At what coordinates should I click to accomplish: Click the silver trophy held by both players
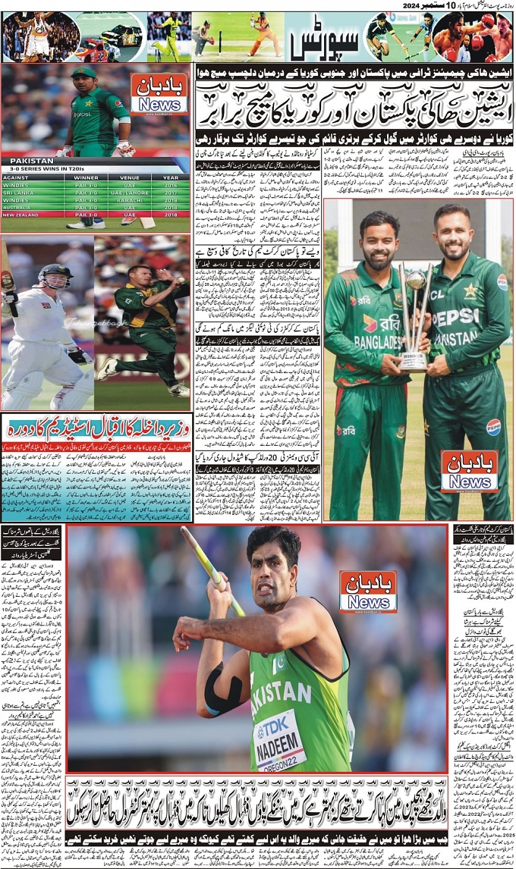point(414,318)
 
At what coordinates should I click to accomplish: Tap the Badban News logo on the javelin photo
point(368,591)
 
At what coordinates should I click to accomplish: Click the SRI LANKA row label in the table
point(21,193)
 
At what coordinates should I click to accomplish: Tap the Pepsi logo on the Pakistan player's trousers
point(493,426)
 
